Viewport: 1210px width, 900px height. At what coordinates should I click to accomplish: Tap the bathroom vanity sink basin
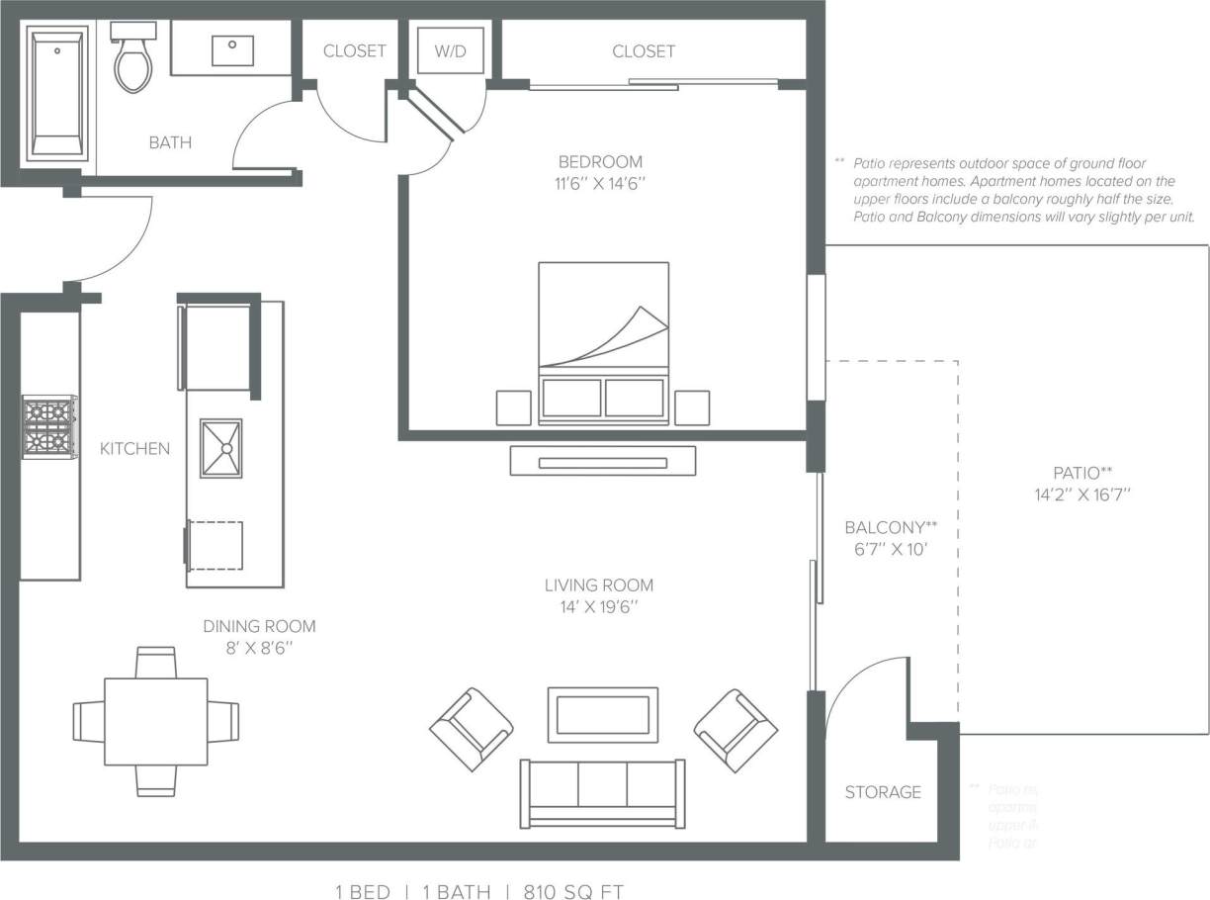[x=232, y=50]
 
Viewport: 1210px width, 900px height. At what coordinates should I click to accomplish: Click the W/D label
[x=450, y=51]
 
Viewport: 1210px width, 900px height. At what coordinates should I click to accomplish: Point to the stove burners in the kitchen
[x=49, y=426]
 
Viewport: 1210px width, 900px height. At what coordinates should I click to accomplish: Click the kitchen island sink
[x=220, y=448]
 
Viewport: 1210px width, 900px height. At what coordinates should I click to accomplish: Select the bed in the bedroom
[x=603, y=342]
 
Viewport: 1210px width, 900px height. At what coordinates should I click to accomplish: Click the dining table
[x=156, y=721]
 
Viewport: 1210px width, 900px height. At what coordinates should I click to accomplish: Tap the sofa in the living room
[x=603, y=793]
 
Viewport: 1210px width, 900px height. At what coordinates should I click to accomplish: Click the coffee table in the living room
[x=603, y=714]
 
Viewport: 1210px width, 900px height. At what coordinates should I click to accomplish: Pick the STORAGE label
[x=883, y=792]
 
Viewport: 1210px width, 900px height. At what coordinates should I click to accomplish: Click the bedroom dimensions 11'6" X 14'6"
[x=600, y=183]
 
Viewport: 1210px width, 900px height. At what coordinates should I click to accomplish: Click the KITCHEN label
[x=134, y=449]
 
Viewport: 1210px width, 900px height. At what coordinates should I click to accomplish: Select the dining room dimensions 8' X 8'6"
[x=259, y=648]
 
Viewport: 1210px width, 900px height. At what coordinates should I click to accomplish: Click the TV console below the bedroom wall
[x=603, y=461]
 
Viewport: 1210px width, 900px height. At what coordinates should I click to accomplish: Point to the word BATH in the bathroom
[x=170, y=142]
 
